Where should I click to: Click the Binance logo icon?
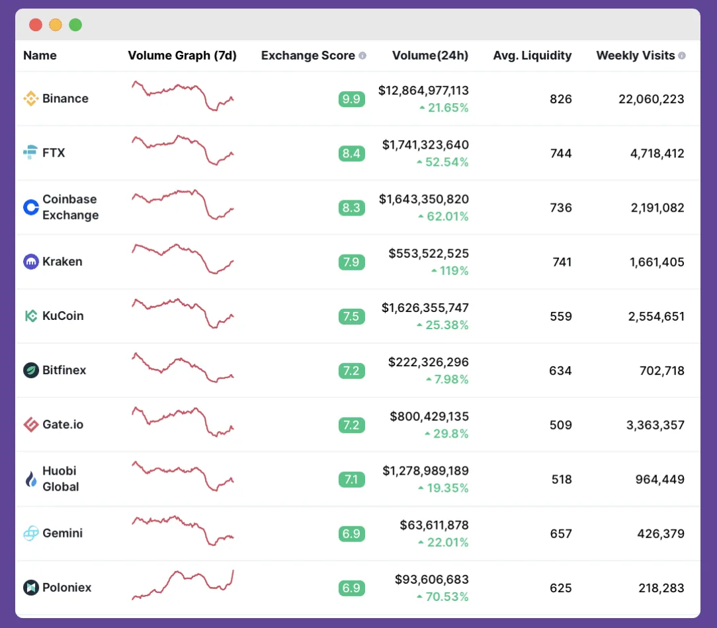click(x=30, y=99)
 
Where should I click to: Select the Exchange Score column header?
click(x=308, y=56)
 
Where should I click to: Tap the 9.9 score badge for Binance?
click(x=351, y=99)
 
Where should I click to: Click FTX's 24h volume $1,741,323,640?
click(x=425, y=145)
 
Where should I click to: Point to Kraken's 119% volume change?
click(x=450, y=270)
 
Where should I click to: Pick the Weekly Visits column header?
click(x=636, y=56)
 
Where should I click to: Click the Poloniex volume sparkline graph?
click(x=183, y=585)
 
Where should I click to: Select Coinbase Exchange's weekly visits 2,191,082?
click(x=657, y=208)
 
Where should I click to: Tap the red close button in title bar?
click(x=36, y=25)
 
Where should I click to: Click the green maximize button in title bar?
click(x=75, y=25)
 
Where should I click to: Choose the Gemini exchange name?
click(x=62, y=533)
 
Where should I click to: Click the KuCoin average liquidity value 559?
click(x=561, y=316)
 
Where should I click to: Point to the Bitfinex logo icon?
click(x=30, y=370)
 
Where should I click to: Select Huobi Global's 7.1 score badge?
click(x=351, y=479)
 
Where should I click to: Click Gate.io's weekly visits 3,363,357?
click(x=655, y=424)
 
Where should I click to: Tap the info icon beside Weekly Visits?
click(x=682, y=56)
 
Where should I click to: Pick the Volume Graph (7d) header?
click(x=182, y=56)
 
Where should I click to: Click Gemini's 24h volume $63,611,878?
click(x=434, y=526)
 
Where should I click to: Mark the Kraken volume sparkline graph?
click(x=183, y=258)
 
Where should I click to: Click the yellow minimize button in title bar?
click(x=56, y=25)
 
